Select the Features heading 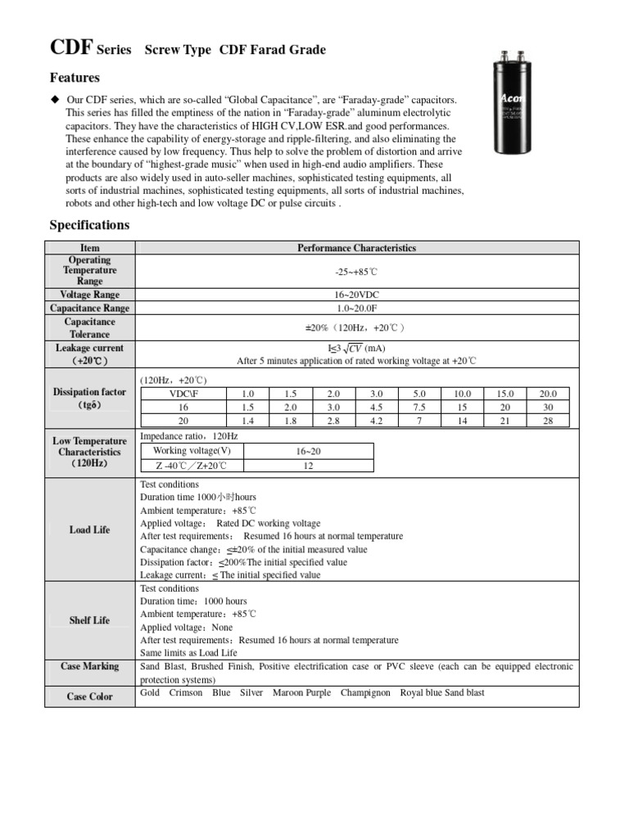(75, 78)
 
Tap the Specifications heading (89, 225)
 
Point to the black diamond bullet (56, 99)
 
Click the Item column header (89, 248)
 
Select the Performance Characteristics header (356, 248)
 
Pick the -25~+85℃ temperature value (356, 270)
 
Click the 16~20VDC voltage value (356, 295)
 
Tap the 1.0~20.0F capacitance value (356, 308)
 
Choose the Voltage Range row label (89, 295)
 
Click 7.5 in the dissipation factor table (419, 407)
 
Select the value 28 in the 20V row (548, 420)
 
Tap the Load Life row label (89, 529)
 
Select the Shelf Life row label (89, 620)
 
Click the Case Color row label (89, 696)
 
